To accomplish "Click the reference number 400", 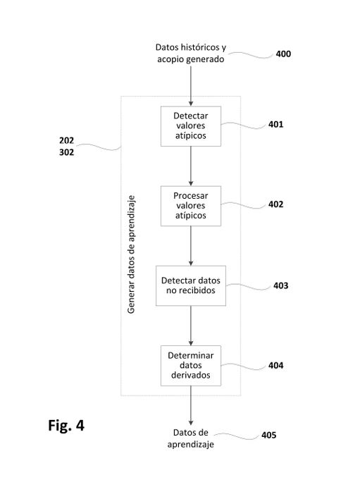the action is (283, 54).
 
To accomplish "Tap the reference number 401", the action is (276, 125).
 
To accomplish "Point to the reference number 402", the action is (276, 204).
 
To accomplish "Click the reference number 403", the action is (281, 285).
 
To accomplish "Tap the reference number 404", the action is (276, 366).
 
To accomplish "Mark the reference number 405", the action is (268, 435).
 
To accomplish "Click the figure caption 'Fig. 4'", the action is (66, 425).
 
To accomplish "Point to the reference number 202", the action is (67, 141).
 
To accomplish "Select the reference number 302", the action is (67, 152).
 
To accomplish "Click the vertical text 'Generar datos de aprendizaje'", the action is (132, 254).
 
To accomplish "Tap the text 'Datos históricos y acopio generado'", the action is (191, 53).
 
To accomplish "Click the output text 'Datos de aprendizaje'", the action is (191, 438).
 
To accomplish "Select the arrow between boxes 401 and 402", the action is (191, 166).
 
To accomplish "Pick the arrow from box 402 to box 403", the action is (191, 246).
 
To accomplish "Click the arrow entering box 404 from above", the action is (191, 326).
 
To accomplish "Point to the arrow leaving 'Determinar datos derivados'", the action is (191, 406).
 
